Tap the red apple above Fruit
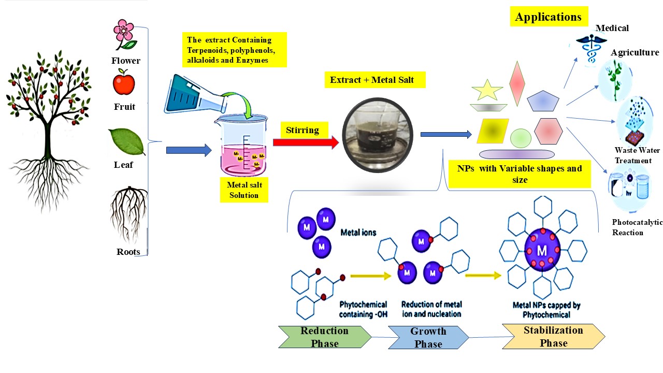point(124,83)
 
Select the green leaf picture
point(127,141)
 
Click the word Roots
point(128,252)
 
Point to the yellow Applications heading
point(548,17)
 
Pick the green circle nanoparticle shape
point(521,138)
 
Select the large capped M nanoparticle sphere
point(542,250)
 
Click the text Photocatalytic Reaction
point(637,227)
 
